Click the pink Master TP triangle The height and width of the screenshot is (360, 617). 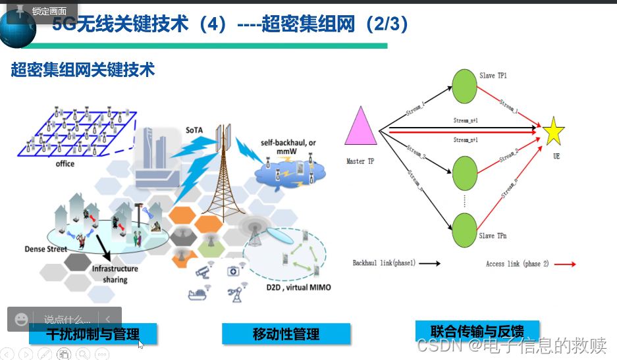click(x=361, y=128)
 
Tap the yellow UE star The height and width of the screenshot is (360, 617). click(x=553, y=132)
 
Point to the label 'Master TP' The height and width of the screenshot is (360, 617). click(x=360, y=161)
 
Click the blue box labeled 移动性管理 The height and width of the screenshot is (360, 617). click(x=286, y=334)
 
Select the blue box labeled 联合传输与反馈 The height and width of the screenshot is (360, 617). click(x=477, y=330)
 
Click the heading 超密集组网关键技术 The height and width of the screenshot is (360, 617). click(x=83, y=70)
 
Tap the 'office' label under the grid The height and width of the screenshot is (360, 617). click(x=65, y=164)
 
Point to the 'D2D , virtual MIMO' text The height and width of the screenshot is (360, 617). click(x=299, y=288)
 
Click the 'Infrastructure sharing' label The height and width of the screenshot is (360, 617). click(x=115, y=274)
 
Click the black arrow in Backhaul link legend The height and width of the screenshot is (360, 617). click(x=429, y=263)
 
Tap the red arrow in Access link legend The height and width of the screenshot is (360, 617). click(x=565, y=263)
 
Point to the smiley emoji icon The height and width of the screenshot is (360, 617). click(x=22, y=319)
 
